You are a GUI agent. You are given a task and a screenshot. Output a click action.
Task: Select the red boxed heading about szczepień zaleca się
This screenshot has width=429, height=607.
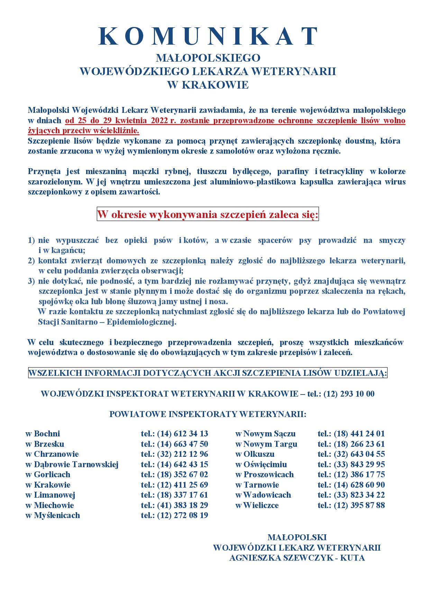click(208, 215)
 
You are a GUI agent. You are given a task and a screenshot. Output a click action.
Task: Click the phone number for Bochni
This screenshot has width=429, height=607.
click(182, 434)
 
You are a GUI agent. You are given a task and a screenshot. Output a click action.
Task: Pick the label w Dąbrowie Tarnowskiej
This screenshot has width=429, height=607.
click(72, 464)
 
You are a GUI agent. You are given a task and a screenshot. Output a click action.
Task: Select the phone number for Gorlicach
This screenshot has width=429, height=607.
click(182, 474)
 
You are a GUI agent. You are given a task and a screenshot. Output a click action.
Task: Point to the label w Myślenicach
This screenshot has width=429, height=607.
click(53, 515)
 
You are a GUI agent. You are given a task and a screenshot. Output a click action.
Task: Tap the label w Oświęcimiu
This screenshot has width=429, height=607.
click(261, 464)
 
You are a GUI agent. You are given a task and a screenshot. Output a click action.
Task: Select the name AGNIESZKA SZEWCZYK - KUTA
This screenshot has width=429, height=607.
click(297, 558)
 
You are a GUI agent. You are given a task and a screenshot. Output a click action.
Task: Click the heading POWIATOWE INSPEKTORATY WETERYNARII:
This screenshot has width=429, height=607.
click(208, 414)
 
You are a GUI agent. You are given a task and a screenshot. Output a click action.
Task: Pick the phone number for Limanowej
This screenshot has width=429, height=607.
click(182, 495)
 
